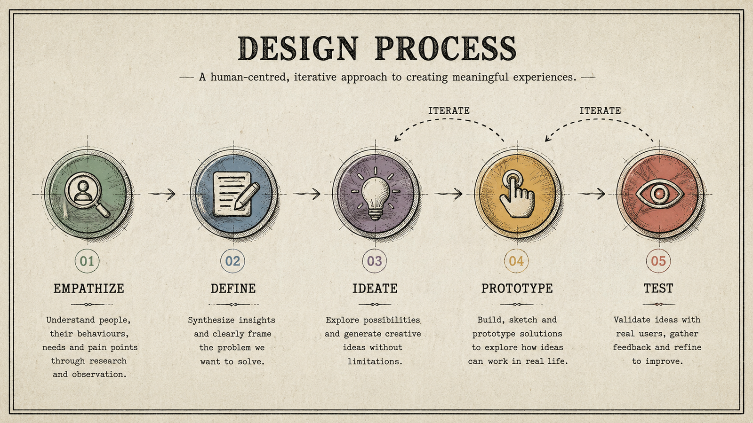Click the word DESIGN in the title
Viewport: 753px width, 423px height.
pyautogui.click(x=297, y=48)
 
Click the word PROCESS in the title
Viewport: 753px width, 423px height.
pyautogui.click(x=446, y=48)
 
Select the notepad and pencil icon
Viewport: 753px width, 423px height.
pyautogui.click(x=236, y=195)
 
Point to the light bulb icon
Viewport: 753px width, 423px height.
pyautogui.click(x=376, y=194)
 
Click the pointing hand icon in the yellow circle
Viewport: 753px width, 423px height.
pyautogui.click(x=517, y=195)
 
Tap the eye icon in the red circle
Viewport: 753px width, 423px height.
pyautogui.click(x=659, y=194)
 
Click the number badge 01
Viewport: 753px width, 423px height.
pyautogui.click(x=87, y=261)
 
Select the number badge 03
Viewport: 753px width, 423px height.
pyautogui.click(x=375, y=261)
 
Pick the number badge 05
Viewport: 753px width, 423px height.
pyautogui.click(x=658, y=261)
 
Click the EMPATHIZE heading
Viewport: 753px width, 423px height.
pyautogui.click(x=89, y=289)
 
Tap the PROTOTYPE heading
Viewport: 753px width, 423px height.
pyautogui.click(x=517, y=289)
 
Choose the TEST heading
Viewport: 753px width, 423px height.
pyautogui.click(x=658, y=289)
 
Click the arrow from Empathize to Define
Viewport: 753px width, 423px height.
pyautogui.click(x=162, y=194)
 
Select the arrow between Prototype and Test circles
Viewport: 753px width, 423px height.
pyautogui.click(x=592, y=194)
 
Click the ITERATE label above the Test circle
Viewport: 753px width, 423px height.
pyautogui.click(x=600, y=110)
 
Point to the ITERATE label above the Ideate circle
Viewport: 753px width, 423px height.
pyautogui.click(x=449, y=110)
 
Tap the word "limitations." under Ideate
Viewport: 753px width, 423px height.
pyautogui.click(x=375, y=361)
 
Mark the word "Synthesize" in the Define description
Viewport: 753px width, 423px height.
pyautogui.click(x=210, y=321)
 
